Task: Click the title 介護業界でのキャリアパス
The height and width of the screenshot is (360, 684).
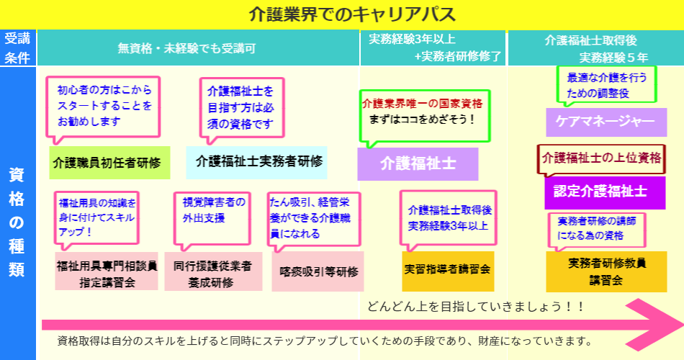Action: (342, 14)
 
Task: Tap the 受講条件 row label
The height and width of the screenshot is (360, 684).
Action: (17, 48)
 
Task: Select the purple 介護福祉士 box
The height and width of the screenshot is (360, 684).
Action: (418, 164)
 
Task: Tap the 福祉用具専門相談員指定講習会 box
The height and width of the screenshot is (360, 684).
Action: (107, 271)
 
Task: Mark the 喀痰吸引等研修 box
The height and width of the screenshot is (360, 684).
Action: (318, 271)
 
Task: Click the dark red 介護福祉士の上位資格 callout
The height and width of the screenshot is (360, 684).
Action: (602, 157)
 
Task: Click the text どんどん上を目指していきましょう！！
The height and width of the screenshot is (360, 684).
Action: (474, 306)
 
